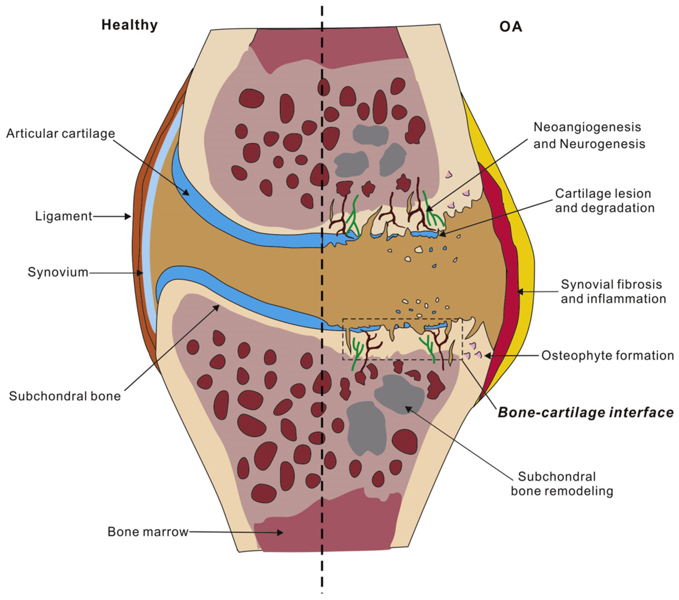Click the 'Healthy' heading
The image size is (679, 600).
pyautogui.click(x=129, y=25)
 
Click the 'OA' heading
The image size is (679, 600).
pyautogui.click(x=511, y=27)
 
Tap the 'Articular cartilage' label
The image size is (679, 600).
pyautogui.click(x=60, y=134)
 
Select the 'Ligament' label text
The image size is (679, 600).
pyautogui.click(x=64, y=216)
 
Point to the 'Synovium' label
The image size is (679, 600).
pyautogui.click(x=58, y=272)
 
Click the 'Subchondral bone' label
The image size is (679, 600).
pyautogui.click(x=65, y=396)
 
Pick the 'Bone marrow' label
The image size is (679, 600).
pyautogui.click(x=148, y=532)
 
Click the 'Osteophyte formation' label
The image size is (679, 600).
pyautogui.click(x=608, y=356)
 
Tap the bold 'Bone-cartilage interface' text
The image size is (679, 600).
pyautogui.click(x=585, y=413)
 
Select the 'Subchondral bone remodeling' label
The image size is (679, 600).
pyautogui.click(x=562, y=484)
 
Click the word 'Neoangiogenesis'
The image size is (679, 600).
pyautogui.click(x=587, y=127)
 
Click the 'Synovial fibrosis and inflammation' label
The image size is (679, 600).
pyautogui.click(x=613, y=291)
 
